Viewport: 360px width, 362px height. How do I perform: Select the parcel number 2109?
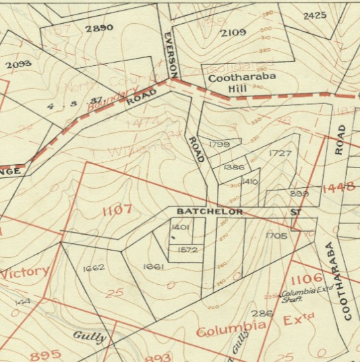pos(233,32)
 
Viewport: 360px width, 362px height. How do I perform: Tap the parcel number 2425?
pos(315,15)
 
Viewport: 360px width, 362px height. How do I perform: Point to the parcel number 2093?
pos(18,65)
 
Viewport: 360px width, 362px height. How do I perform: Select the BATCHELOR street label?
pos(210,212)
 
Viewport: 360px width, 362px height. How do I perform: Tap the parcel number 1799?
pos(219,144)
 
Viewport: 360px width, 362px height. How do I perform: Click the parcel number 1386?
pos(233,167)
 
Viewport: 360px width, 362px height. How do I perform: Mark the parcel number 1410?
pos(249,181)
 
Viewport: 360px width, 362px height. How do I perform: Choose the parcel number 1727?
pos(280,153)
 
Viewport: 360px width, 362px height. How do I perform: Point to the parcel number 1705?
pos(276,235)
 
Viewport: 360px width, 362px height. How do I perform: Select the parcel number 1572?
pos(188,250)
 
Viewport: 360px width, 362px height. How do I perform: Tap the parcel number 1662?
pos(94,268)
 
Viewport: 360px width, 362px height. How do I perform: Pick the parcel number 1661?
pos(153,266)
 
